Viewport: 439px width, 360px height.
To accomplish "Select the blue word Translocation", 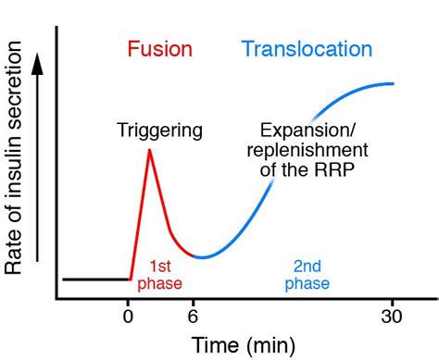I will [x=306, y=50].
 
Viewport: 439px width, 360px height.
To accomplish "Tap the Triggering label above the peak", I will [x=160, y=130].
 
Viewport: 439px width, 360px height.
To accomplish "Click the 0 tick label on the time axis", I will [x=129, y=315].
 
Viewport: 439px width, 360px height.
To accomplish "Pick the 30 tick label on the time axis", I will [x=394, y=315].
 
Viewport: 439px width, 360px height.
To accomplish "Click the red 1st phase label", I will [x=159, y=275].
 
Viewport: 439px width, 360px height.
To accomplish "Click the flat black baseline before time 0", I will [x=93, y=278].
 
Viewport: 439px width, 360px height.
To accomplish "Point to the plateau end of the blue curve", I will [x=394, y=83].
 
